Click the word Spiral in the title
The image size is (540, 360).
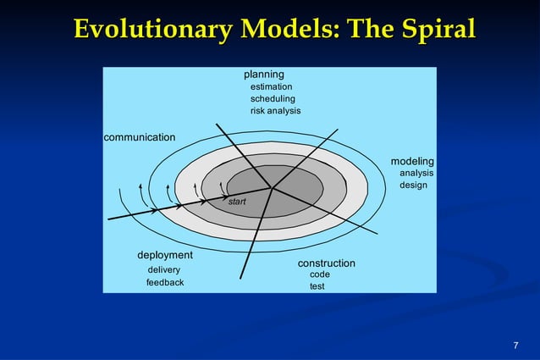(x=432, y=29)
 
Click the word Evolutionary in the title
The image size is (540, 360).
(x=150, y=29)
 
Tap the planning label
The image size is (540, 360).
(x=264, y=75)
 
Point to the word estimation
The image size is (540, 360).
(x=271, y=86)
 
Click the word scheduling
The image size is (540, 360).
(x=273, y=99)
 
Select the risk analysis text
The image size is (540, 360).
(x=275, y=111)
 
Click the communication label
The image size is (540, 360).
(x=140, y=136)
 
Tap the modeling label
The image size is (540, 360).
(x=412, y=161)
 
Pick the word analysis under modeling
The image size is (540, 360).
(x=416, y=173)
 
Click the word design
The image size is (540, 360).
(x=413, y=185)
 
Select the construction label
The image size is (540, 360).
(x=326, y=263)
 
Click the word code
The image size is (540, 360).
(x=320, y=274)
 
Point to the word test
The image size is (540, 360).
(x=317, y=286)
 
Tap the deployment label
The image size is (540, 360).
(x=165, y=255)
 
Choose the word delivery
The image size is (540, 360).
(x=163, y=270)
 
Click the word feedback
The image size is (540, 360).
(x=165, y=282)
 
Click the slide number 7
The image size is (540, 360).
(x=515, y=345)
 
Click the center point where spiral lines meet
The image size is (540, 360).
(x=272, y=188)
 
